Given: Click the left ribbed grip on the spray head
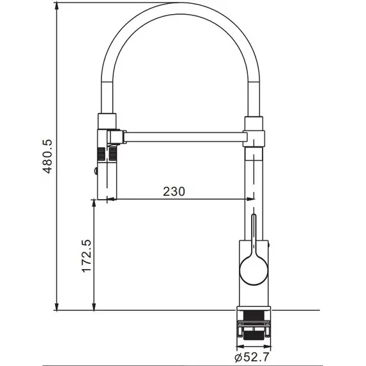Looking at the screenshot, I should point(101,155).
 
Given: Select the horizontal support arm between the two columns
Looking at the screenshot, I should point(183,136).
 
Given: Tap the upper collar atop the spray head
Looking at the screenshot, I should point(107,120).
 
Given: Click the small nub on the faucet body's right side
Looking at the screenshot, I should point(269,245).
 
